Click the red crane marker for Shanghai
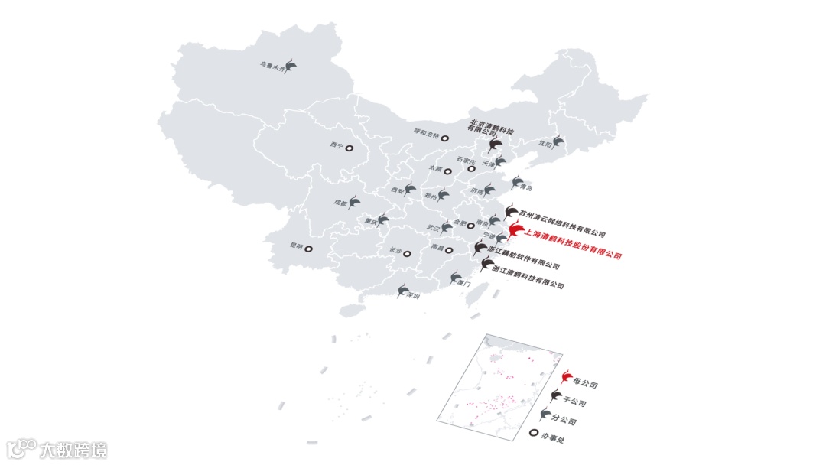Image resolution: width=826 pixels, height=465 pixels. click(x=515, y=229)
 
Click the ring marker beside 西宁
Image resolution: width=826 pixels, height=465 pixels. click(x=349, y=148)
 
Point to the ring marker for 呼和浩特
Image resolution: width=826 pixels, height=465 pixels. click(x=445, y=136)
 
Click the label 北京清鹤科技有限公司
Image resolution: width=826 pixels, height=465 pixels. click(x=491, y=126)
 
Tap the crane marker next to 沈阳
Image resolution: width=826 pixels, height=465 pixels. click(x=558, y=142)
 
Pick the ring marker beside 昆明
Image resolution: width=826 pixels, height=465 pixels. click(x=309, y=248)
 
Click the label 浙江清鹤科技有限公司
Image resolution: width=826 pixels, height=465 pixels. click(x=528, y=278)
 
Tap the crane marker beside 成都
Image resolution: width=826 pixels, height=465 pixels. click(x=355, y=202)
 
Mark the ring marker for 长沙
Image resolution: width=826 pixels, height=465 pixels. click(x=408, y=253)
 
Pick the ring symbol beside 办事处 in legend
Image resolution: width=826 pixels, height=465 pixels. click(x=534, y=434)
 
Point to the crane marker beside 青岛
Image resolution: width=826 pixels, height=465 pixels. click(x=515, y=184)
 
